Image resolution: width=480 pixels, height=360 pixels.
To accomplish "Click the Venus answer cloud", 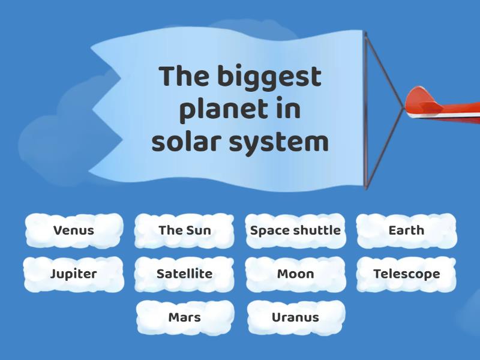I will tap(74, 230).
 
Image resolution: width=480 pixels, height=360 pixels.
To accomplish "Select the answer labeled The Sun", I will tap(184, 230).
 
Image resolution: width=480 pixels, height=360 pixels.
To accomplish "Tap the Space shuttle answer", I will tap(295, 230).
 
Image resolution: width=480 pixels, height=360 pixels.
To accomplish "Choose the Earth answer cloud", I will tap(406, 230).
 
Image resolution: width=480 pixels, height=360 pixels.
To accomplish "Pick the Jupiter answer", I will tap(74, 274).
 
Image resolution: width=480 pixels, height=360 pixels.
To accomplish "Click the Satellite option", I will tap(184, 274).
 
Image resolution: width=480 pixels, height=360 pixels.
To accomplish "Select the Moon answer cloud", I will tap(295, 274).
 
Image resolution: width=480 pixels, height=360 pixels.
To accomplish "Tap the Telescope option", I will tap(406, 274).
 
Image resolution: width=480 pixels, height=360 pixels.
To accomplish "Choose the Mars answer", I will tap(184, 317).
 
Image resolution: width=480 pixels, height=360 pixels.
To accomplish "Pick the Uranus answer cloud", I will tap(295, 317).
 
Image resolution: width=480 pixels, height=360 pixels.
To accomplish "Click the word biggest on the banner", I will tap(269, 78).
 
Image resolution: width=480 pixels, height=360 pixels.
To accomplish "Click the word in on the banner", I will tap(289, 110).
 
